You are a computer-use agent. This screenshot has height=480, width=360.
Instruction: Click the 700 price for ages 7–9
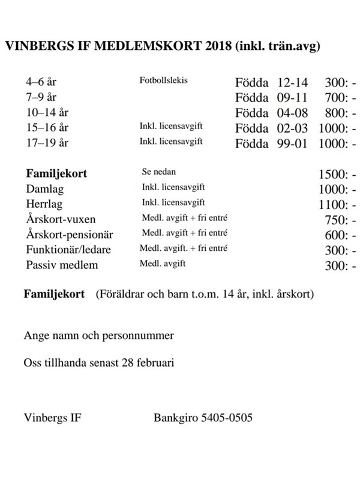tap(335, 97)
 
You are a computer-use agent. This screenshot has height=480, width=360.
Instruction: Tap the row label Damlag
tap(44, 189)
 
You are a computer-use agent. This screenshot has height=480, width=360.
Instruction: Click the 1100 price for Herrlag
tap(332, 205)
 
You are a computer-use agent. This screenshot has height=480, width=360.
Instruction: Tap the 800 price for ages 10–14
tap(335, 113)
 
